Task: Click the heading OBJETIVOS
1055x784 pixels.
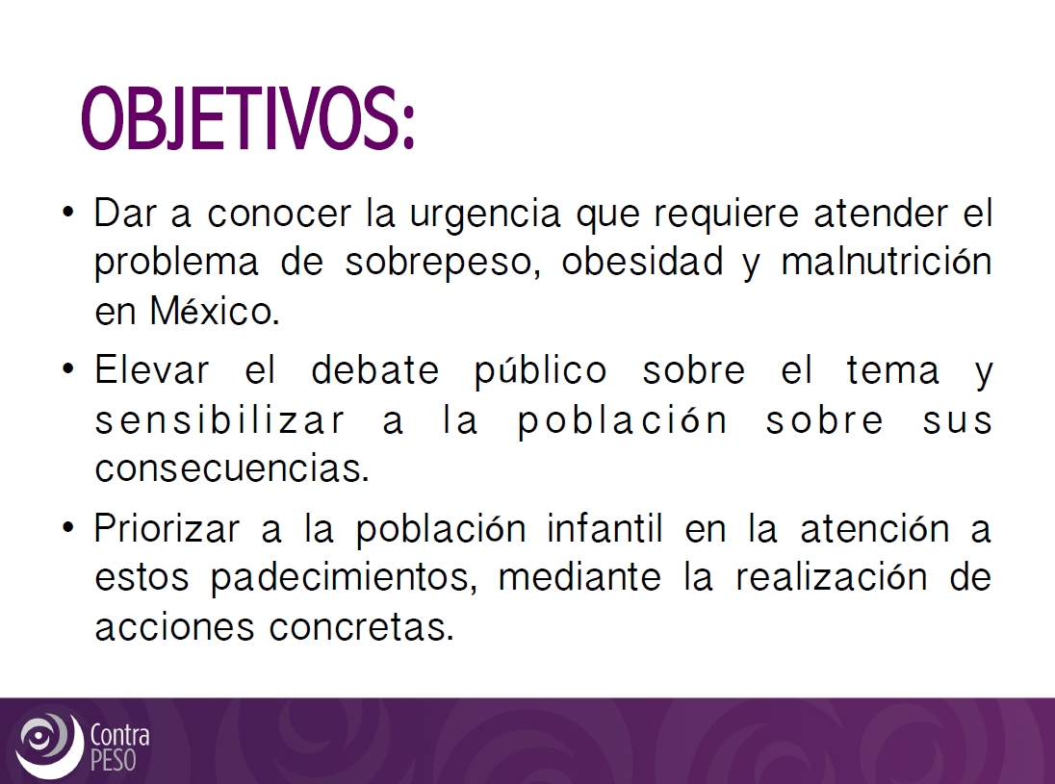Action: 247,118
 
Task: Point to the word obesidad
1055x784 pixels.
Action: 643,261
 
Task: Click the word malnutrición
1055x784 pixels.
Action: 887,261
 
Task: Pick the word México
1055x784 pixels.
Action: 215,310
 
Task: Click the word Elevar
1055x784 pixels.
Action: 151,369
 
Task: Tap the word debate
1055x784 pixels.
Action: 374,369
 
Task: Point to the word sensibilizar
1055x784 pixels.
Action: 220,418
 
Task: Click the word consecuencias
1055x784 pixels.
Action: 232,468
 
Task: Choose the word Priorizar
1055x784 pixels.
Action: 167,528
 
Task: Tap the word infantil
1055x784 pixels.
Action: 605,527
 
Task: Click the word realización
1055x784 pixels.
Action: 831,576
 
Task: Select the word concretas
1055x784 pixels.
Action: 362,626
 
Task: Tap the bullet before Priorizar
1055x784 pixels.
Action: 67,526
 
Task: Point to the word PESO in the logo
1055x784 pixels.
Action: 113,760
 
